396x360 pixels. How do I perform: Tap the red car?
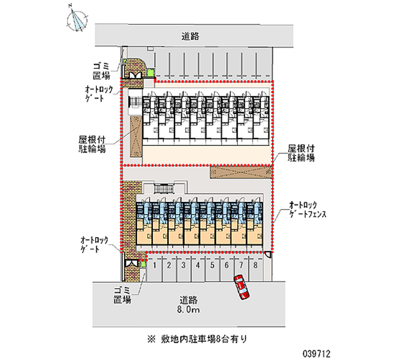[241, 287]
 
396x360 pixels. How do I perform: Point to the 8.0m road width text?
[189, 309]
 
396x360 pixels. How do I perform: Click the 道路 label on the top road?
[191, 36]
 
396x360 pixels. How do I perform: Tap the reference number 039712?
[316, 354]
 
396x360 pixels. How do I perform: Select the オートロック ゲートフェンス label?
[307, 209]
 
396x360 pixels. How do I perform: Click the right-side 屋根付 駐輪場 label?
[301, 153]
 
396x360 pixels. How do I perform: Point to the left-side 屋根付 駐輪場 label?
[92, 144]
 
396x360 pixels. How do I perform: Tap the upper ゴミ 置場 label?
[101, 71]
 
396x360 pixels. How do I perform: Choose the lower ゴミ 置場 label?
[122, 295]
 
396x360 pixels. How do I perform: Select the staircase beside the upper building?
[135, 102]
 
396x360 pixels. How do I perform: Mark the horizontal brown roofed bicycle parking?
[241, 172]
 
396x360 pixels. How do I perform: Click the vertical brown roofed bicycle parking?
[136, 136]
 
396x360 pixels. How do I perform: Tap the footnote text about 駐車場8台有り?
[197, 339]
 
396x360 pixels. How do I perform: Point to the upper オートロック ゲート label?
[99, 94]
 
